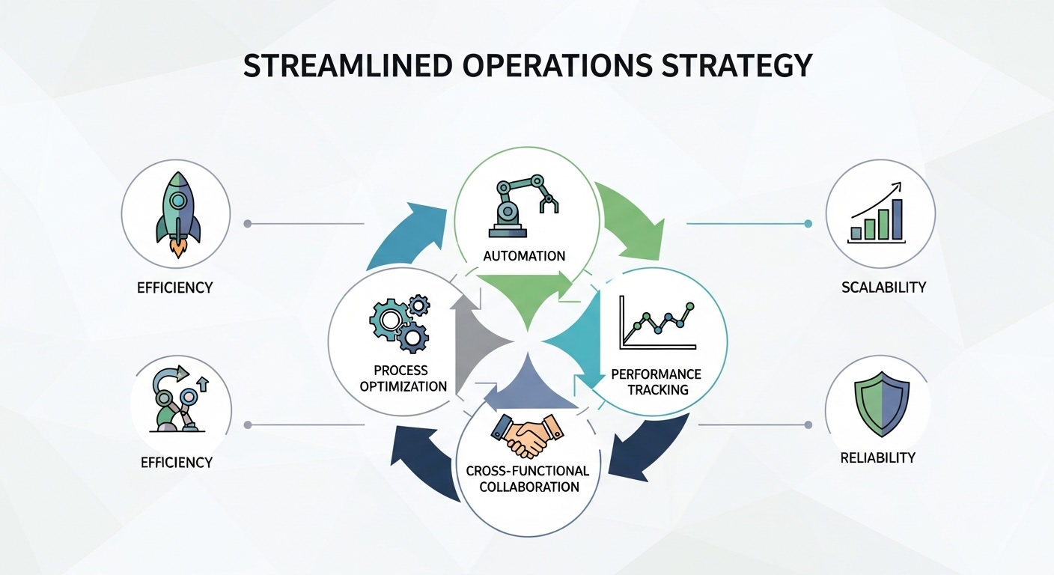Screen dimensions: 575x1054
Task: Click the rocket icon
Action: click(x=177, y=213)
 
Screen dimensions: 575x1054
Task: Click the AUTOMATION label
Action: click(x=524, y=256)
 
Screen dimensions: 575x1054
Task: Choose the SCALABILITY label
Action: click(x=883, y=287)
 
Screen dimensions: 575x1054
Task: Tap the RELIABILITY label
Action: click(x=878, y=457)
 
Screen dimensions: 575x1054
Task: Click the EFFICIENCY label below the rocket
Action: click(x=175, y=287)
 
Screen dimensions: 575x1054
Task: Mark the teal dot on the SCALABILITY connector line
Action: click(x=808, y=223)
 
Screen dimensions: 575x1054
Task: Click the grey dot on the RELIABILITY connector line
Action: click(x=808, y=425)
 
